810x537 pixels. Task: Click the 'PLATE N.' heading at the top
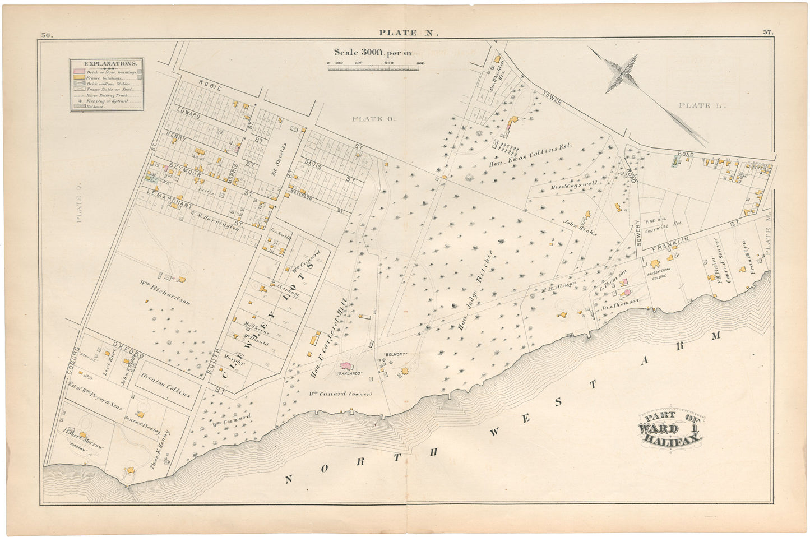(x=405, y=33)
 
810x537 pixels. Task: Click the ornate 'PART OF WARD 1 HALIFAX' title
(x=670, y=429)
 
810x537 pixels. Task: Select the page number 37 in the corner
(x=767, y=33)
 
